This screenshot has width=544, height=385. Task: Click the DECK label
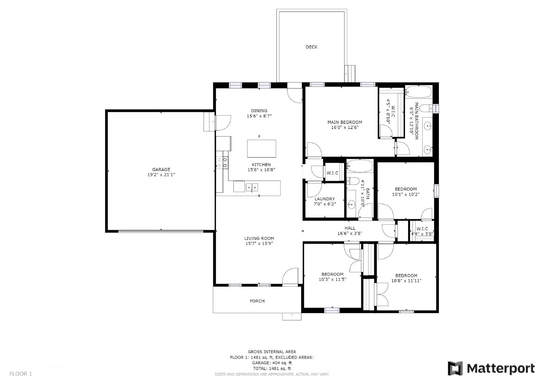[311, 47]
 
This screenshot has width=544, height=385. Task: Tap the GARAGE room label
[161, 170]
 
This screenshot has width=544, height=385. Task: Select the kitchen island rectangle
[261, 148]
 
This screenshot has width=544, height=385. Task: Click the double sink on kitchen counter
[252, 187]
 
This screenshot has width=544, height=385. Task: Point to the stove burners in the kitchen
[222, 162]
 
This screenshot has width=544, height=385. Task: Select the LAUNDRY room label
[325, 199]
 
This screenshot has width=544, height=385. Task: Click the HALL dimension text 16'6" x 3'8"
[350, 234]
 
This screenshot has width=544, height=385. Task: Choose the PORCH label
[257, 301]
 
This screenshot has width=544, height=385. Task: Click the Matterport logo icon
[455, 368]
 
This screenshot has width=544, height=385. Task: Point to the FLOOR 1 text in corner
[20, 374]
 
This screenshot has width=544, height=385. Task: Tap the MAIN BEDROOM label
[344, 122]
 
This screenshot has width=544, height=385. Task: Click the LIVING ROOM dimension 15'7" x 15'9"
[259, 244]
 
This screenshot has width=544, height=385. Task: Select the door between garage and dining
[223, 123]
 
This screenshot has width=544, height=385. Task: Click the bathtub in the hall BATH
[360, 166]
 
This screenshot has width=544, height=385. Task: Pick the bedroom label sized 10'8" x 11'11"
[406, 276]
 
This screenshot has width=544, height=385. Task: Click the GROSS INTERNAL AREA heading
[272, 352]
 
